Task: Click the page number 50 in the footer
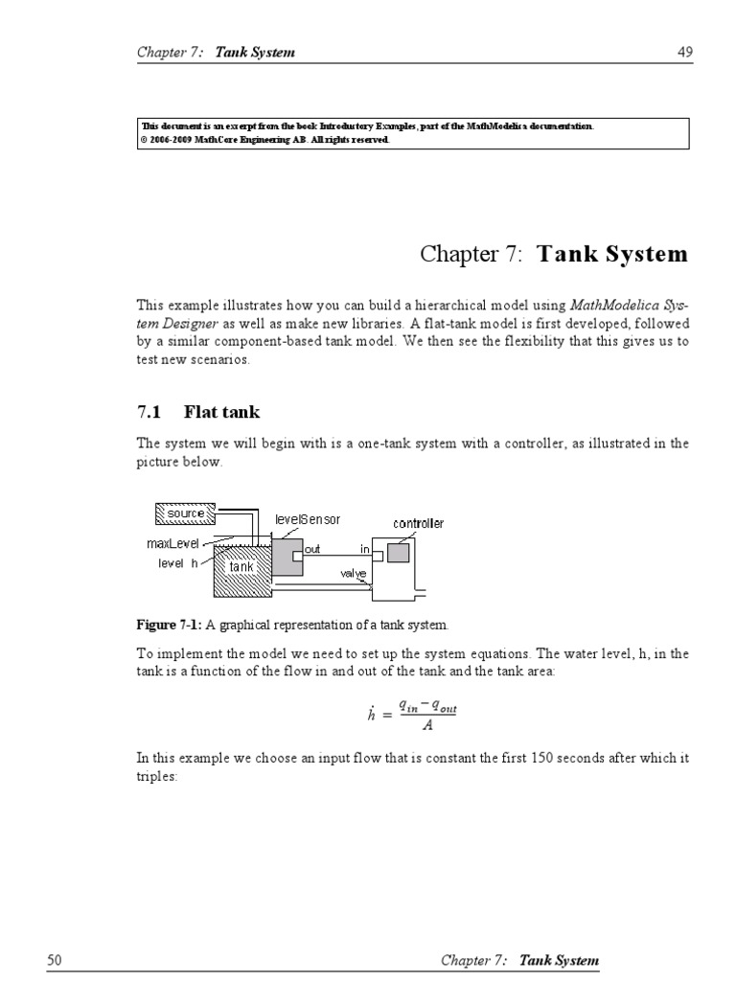(x=54, y=960)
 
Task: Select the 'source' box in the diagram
(x=186, y=513)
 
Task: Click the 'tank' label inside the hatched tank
(x=241, y=567)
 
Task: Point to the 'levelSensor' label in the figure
(x=308, y=519)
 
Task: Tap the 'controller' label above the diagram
(x=419, y=523)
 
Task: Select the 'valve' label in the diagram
(x=354, y=574)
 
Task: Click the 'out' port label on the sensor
(x=312, y=550)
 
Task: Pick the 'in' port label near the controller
(x=365, y=550)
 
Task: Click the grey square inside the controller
(x=398, y=553)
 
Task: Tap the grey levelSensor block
(x=286, y=557)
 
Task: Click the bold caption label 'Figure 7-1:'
(x=169, y=625)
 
